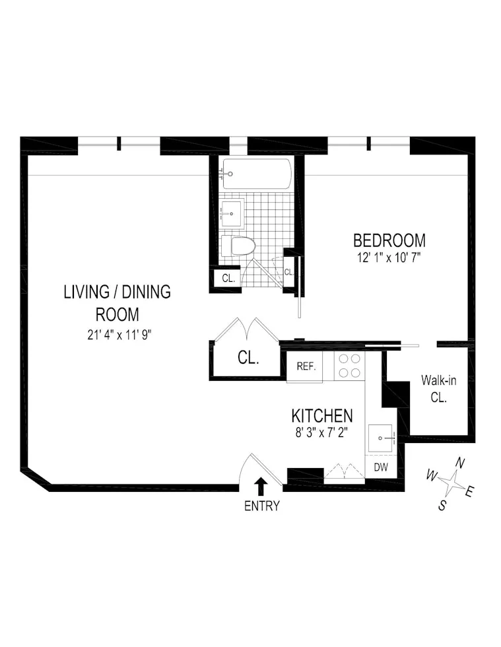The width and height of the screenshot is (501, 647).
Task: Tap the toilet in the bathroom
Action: [239, 246]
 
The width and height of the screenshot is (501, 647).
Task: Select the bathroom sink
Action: [232, 213]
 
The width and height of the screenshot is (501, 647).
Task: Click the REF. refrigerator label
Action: [305, 367]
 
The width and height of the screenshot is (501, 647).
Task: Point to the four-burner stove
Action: [349, 366]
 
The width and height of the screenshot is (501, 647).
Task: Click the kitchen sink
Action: [382, 437]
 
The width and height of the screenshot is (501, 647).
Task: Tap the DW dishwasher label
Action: [381, 467]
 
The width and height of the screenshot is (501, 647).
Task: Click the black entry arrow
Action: [261, 487]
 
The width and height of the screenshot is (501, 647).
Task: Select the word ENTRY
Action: [261, 506]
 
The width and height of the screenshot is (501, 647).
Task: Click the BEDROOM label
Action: [389, 240]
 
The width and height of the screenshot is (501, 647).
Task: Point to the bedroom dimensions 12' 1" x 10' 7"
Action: [389, 256]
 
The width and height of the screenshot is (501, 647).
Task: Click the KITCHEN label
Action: [322, 416]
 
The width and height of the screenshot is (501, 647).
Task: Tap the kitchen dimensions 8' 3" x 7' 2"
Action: [322, 432]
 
